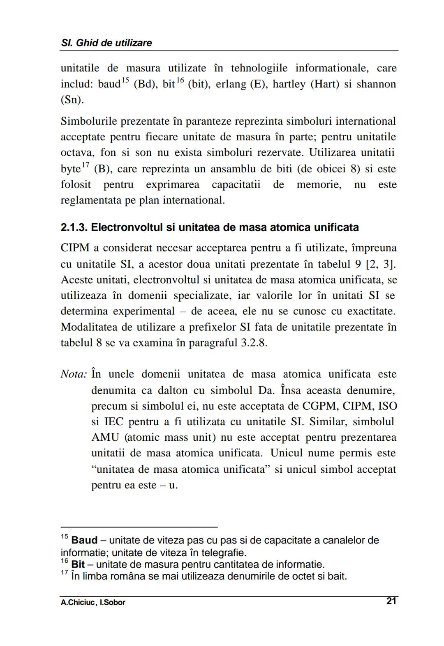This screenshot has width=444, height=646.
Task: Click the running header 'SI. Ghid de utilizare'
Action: point(106,43)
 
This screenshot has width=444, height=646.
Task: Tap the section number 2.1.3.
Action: point(74,227)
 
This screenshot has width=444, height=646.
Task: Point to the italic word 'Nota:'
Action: point(74,374)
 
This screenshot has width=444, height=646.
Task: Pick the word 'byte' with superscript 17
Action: point(70,169)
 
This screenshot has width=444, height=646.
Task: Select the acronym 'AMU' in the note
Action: point(105,438)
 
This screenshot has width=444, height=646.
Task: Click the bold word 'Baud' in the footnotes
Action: point(84,540)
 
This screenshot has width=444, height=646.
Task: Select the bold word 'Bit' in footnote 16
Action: point(78,564)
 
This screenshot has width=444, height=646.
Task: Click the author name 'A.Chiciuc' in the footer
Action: point(76,602)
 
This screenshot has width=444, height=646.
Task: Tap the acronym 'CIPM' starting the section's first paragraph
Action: point(76,248)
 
